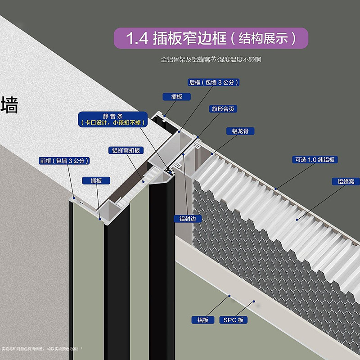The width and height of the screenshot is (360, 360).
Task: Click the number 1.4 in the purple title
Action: tap(137, 38)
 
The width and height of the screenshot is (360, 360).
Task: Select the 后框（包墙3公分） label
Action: tap(213, 82)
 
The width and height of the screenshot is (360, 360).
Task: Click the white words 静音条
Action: tap(112, 115)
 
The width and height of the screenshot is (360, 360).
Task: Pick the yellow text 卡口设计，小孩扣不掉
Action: tap(112, 122)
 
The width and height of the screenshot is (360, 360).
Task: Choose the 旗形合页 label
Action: tap(222, 109)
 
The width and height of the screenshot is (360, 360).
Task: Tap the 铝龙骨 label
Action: tap(240, 131)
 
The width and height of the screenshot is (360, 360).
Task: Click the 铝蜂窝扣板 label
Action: tap(126, 151)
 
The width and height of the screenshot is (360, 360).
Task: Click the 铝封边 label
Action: tap(188, 219)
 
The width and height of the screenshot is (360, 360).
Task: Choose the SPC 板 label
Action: tap(234, 320)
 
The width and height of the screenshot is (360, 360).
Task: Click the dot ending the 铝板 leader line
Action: tap(229, 296)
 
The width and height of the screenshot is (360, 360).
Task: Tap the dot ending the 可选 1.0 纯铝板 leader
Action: tap(275, 189)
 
